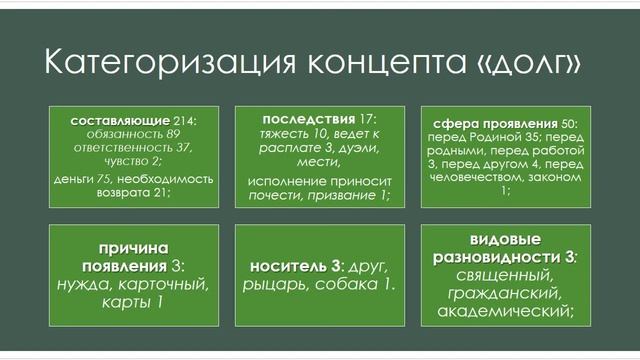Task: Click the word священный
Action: (x=504, y=274)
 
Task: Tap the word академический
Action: (x=504, y=311)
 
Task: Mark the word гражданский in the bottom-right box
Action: (x=504, y=293)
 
